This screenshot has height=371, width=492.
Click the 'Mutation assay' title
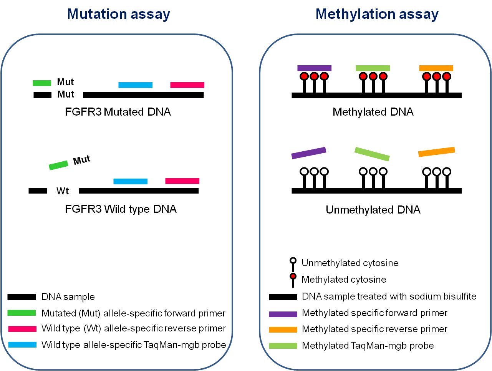click(x=118, y=14)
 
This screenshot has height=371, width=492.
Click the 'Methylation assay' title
click(x=377, y=14)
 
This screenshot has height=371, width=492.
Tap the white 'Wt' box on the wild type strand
click(x=63, y=191)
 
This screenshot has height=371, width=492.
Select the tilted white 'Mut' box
click(x=83, y=159)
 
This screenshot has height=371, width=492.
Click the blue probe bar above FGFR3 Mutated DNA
click(x=135, y=85)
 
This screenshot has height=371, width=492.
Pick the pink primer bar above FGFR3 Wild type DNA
click(x=182, y=181)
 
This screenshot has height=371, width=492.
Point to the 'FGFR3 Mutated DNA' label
click(x=118, y=112)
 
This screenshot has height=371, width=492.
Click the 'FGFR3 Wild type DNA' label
click(x=121, y=209)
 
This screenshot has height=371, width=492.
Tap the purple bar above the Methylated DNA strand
click(x=314, y=68)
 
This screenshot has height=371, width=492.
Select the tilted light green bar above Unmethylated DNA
click(x=372, y=154)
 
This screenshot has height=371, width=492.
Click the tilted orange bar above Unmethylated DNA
click(x=436, y=152)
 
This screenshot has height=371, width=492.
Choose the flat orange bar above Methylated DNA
click(x=436, y=68)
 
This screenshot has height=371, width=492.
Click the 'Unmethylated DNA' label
click(x=373, y=210)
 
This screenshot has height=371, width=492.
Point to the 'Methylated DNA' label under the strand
click(x=373, y=112)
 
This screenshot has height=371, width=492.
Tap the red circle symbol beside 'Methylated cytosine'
click(x=293, y=277)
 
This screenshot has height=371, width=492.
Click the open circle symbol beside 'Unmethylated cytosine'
click(x=293, y=260)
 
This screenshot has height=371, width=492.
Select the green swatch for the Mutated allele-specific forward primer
click(x=22, y=313)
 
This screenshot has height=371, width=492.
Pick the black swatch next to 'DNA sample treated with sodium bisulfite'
click(x=283, y=297)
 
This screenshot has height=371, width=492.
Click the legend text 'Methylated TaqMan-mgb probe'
click(x=368, y=346)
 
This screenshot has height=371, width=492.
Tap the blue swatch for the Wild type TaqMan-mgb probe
click(x=22, y=345)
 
